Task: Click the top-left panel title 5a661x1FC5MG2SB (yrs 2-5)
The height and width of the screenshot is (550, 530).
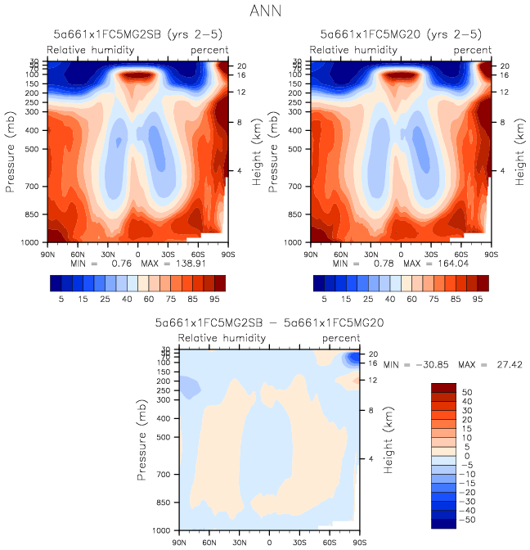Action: click(x=135, y=34)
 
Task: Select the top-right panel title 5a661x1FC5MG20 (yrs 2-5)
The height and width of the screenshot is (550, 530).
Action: click(x=401, y=34)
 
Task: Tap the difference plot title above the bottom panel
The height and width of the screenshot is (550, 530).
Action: click(x=270, y=323)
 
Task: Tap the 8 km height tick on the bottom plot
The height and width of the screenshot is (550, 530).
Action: click(x=371, y=410)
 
